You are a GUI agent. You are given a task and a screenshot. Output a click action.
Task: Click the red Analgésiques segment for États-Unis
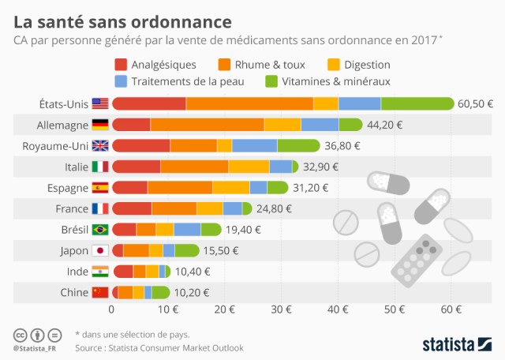pyautogui.click(x=149, y=103)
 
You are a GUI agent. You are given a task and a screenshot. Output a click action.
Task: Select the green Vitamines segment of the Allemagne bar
pyautogui.click(x=350, y=125)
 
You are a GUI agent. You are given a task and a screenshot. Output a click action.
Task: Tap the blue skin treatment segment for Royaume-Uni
pyautogui.click(x=254, y=145)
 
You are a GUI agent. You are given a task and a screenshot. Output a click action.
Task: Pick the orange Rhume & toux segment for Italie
pyautogui.click(x=195, y=167)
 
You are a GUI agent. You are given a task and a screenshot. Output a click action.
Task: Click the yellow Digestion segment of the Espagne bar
pyautogui.click(x=231, y=188)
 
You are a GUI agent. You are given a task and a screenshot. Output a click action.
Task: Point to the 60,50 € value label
pyautogui.click(x=476, y=103)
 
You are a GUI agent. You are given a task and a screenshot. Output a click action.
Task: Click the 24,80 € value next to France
pyautogui.click(x=275, y=208)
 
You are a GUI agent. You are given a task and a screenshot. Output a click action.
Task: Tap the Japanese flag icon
pyautogui.click(x=100, y=251)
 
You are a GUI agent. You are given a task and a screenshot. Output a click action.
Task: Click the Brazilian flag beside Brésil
pyautogui.click(x=100, y=230)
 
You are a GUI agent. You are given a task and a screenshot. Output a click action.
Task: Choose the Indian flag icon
pyautogui.click(x=100, y=272)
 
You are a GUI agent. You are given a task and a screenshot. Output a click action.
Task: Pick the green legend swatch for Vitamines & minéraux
pyautogui.click(x=272, y=81)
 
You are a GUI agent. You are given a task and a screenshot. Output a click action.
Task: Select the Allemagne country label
pyautogui.click(x=62, y=125)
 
